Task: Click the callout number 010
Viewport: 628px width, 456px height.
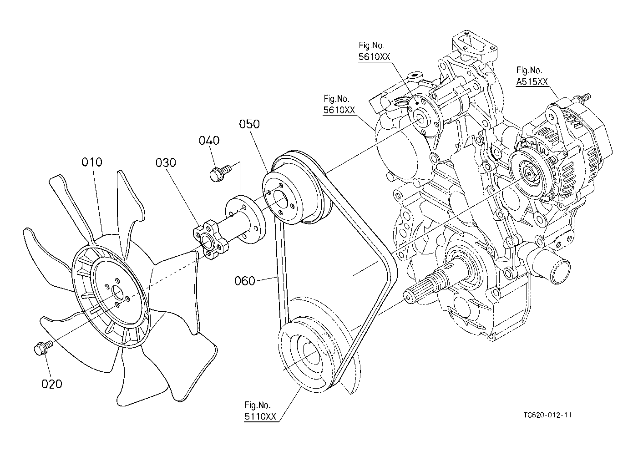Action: tap(91, 162)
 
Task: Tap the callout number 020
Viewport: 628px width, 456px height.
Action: tap(51, 384)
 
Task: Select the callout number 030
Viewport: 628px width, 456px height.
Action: tap(166, 162)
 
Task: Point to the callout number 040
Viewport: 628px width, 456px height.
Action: tap(209, 141)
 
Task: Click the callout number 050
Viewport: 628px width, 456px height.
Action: tap(249, 124)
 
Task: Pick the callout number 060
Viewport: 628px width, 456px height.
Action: tap(245, 281)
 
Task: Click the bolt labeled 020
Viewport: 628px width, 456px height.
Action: tap(43, 348)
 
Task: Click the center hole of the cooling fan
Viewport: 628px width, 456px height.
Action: tap(117, 294)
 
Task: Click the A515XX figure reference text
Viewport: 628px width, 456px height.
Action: tap(532, 82)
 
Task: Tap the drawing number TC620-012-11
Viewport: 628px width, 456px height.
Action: tap(547, 415)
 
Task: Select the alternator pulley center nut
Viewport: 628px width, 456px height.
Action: tap(528, 174)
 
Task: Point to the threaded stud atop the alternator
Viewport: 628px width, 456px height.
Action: tap(582, 97)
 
